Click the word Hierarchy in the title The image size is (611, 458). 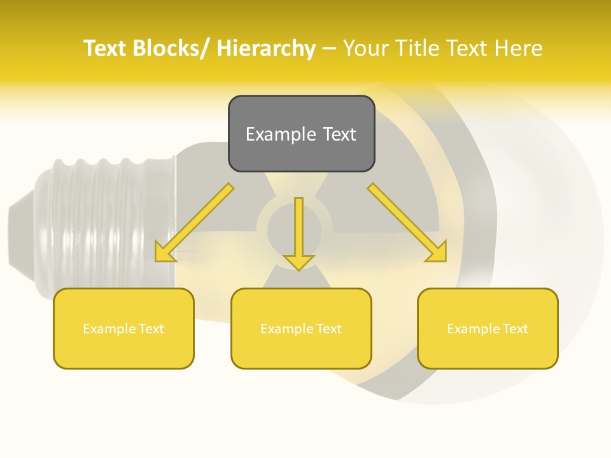point(266,48)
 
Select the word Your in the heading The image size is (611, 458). point(365,48)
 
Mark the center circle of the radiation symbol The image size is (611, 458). point(294,226)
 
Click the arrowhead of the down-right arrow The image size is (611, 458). point(437,252)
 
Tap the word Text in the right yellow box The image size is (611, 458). point(514,329)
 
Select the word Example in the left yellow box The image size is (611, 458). point(109,329)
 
